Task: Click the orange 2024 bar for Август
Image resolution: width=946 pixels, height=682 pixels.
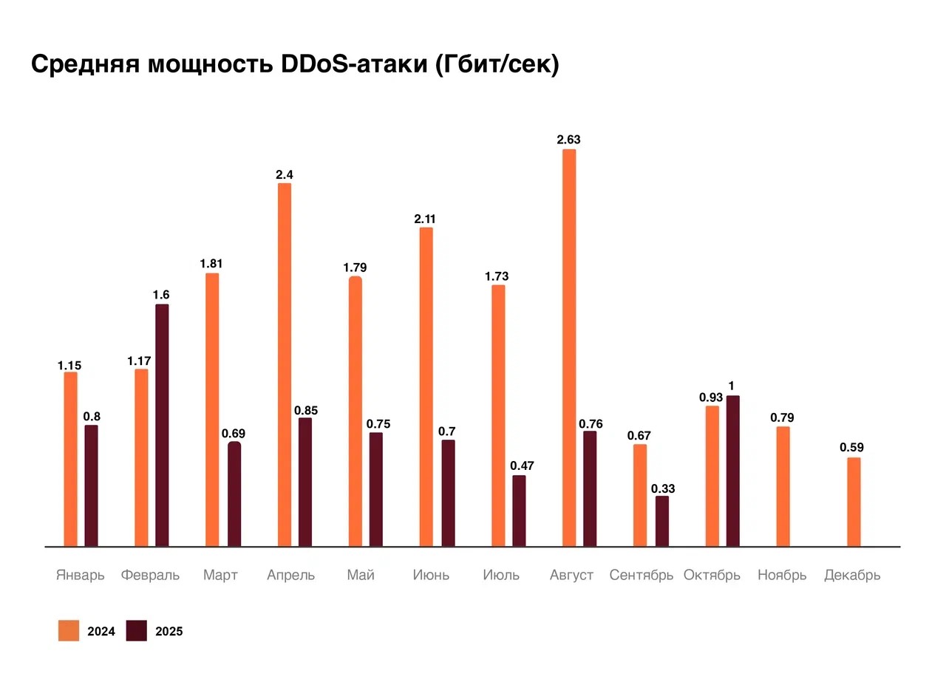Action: (x=569, y=347)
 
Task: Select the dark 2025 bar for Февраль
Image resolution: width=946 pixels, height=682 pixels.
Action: (x=162, y=425)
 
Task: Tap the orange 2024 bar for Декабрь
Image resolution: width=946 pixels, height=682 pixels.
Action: (x=854, y=502)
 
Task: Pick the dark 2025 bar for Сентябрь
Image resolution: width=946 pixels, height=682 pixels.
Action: (x=662, y=521)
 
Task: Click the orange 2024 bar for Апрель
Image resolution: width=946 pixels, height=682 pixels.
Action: (x=285, y=364)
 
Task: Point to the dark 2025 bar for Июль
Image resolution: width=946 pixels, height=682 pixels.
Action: (x=519, y=511)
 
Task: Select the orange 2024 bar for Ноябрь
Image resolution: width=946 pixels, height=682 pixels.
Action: (x=783, y=486)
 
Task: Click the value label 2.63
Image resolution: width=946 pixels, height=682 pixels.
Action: (x=569, y=140)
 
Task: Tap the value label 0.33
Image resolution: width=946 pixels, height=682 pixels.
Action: (x=662, y=488)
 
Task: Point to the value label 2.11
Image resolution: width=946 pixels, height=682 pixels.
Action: (x=426, y=218)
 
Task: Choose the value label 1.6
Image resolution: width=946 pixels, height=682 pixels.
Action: (x=161, y=295)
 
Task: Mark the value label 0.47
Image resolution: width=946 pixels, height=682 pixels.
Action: (x=522, y=466)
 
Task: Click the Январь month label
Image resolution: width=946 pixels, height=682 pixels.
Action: (x=81, y=575)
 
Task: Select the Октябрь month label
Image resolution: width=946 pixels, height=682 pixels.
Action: (x=712, y=575)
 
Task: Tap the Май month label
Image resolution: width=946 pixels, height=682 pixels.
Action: (x=361, y=575)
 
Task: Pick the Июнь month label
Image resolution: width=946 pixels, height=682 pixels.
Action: (x=431, y=575)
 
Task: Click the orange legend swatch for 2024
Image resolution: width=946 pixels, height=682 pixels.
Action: (x=69, y=631)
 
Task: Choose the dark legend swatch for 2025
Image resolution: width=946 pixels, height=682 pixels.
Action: (x=137, y=631)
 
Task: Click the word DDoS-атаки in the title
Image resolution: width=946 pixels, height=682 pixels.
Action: (x=350, y=65)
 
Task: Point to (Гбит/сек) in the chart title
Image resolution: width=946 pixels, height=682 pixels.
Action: (x=497, y=65)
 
